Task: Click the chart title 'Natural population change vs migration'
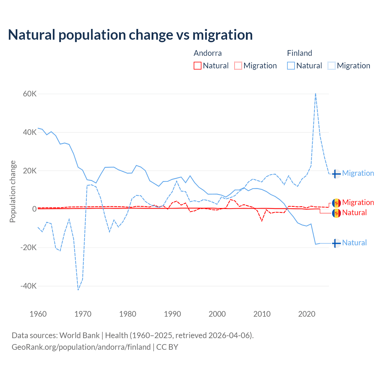(x=130, y=35)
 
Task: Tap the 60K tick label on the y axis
(x=30, y=94)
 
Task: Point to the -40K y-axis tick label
(x=29, y=286)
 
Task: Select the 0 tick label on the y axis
(x=34, y=209)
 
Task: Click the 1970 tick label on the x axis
(x=83, y=314)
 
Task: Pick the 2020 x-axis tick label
(x=307, y=314)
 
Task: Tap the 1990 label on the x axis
(x=172, y=314)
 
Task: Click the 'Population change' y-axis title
(x=13, y=192)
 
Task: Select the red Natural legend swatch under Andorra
(x=198, y=66)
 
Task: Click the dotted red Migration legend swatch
(x=238, y=66)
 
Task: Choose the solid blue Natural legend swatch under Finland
(x=291, y=66)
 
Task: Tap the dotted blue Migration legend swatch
(x=332, y=66)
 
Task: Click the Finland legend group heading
(x=299, y=53)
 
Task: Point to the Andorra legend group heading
(x=208, y=53)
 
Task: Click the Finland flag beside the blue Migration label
(x=336, y=174)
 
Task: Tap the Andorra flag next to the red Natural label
(x=336, y=213)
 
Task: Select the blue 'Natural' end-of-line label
(x=354, y=243)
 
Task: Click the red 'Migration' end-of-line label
(x=358, y=202)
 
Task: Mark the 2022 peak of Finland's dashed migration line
(x=315, y=94)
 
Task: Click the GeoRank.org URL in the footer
(x=81, y=347)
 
